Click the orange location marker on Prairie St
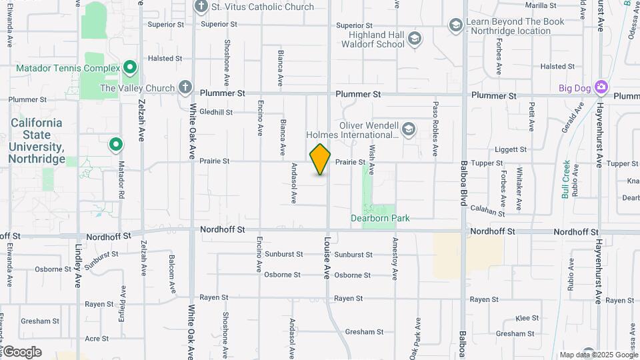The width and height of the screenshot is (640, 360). click(x=320, y=159)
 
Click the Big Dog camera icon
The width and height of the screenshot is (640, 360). click(x=601, y=87)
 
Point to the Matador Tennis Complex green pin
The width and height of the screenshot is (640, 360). click(x=130, y=68)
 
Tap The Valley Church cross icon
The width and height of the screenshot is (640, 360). click(x=185, y=87)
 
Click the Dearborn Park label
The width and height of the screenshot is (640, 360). click(x=380, y=218)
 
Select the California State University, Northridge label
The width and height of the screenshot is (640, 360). click(x=37, y=141)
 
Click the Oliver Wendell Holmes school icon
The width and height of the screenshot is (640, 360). click(x=408, y=129)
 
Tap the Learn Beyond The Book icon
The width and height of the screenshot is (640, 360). click(x=456, y=26)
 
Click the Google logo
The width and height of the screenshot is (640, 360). click(x=22, y=352)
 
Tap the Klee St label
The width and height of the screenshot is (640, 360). click(x=527, y=319)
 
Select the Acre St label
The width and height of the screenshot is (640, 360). click(x=97, y=339)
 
